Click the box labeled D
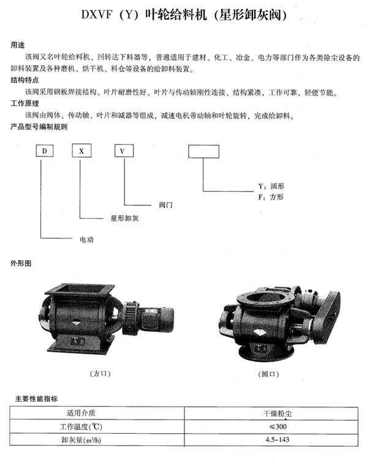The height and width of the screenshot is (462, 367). [45, 151]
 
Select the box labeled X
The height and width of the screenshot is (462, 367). [81, 151]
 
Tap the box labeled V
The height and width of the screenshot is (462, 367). [124, 151]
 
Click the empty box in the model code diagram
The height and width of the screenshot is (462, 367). [203, 151]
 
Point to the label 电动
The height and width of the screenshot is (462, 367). [86, 239]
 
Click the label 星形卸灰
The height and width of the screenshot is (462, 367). [124, 218]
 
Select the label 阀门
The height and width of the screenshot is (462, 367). [166, 205]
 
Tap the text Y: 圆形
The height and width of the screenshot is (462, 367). [271, 186]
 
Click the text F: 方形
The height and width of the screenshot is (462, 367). [271, 197]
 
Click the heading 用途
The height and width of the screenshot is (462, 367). [18, 45]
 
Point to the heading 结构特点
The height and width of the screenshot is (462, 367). [25, 80]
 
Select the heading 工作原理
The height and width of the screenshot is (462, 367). [25, 104]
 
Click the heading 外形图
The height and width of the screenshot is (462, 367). [21, 263]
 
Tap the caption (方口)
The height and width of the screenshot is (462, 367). [100, 374]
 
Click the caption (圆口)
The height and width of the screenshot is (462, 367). [268, 374]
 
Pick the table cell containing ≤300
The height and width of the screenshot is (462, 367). [271, 426]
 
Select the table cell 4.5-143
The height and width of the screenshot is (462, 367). [271, 439]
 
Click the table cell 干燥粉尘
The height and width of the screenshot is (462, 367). [271, 414]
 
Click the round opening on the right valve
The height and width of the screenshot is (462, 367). [263, 297]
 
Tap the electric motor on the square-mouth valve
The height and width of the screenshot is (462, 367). [157, 320]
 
